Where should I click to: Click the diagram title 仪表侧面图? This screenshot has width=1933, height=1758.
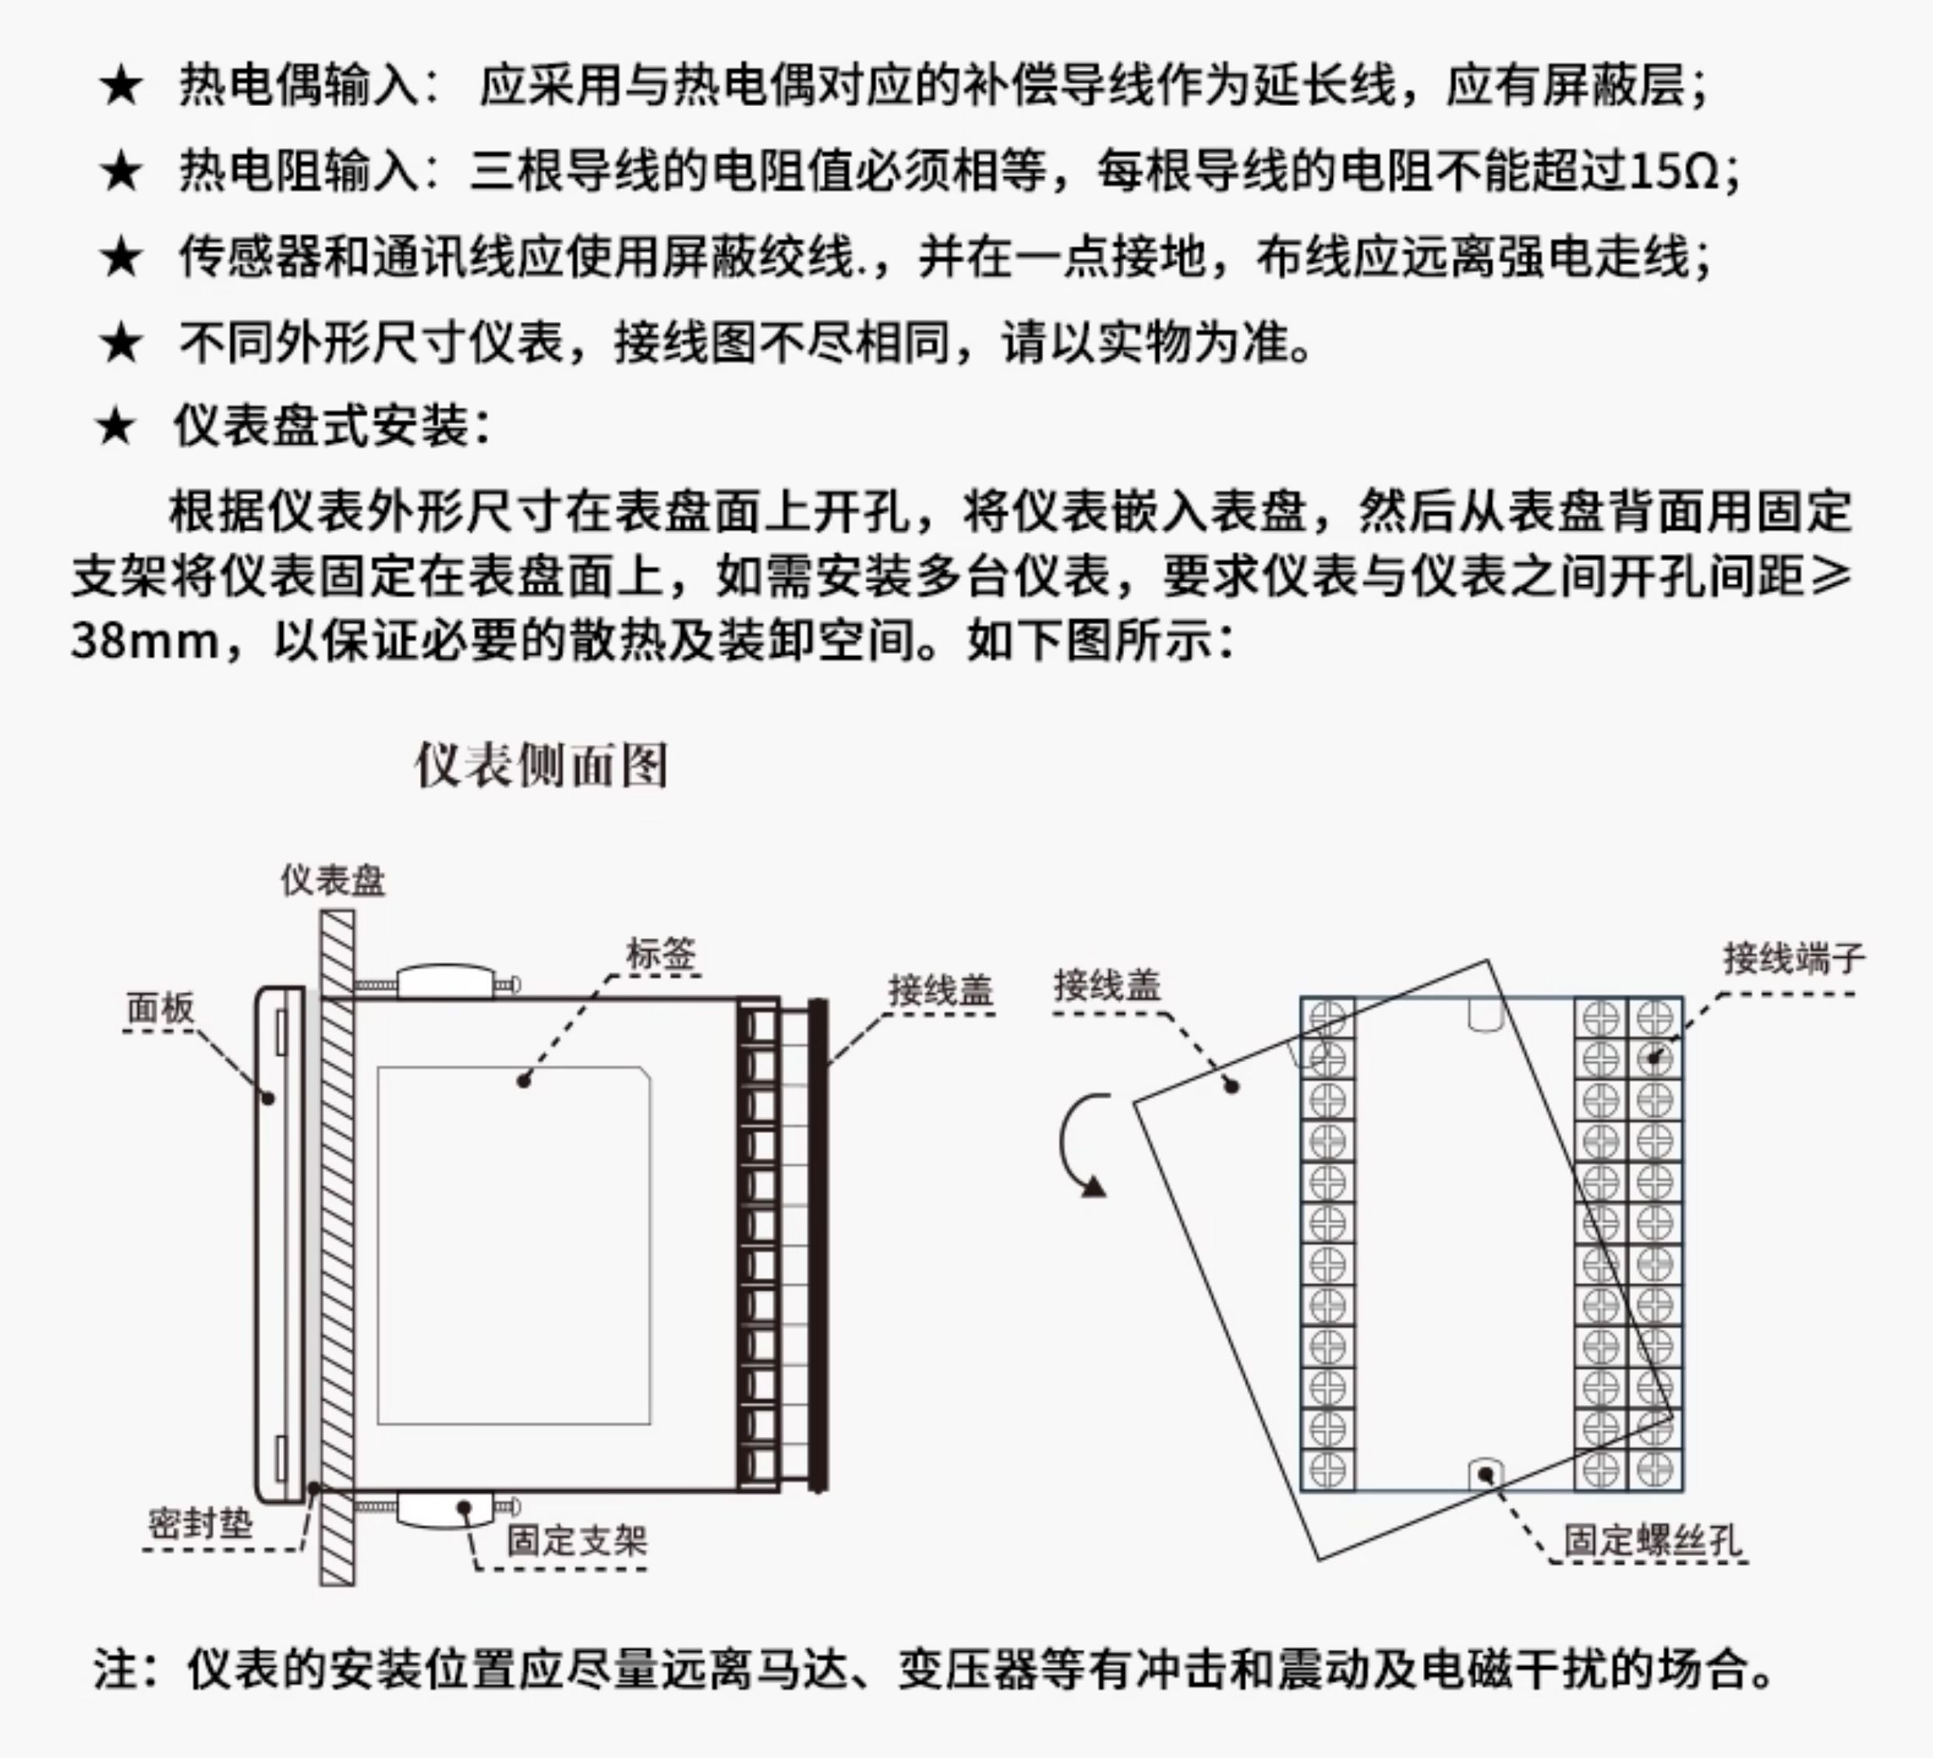click(541, 765)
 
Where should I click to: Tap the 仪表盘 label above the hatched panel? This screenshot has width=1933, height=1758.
click(333, 880)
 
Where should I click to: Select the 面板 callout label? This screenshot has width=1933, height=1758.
click(160, 1008)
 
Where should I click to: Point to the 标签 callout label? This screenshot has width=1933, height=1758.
click(661, 955)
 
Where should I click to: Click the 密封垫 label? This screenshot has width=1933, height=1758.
click(200, 1523)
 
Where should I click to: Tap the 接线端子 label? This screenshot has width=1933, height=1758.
click(1794, 958)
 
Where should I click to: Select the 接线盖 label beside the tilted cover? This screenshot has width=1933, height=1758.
click(1108, 984)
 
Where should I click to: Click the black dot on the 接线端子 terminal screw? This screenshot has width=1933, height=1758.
click(1655, 1058)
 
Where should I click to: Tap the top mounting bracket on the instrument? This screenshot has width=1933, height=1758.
click(445, 982)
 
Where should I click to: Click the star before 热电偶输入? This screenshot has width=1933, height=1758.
click(121, 87)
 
